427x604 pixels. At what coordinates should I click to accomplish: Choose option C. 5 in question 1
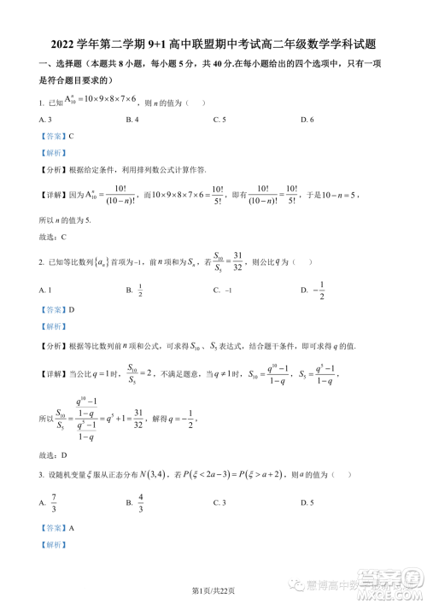click(219, 119)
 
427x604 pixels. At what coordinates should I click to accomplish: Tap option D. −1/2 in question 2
click(313, 291)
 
